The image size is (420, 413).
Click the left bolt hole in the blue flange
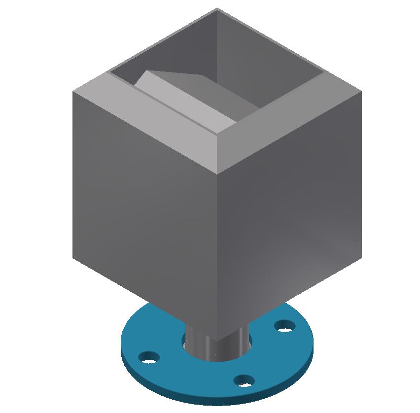tap(149, 357)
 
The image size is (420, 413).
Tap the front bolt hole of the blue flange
tap(244, 380)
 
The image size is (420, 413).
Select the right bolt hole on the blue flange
tap(284, 326)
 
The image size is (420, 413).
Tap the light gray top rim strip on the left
tap(148, 118)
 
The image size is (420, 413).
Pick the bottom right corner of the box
tap(362, 257)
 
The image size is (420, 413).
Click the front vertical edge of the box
tap(218, 256)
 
